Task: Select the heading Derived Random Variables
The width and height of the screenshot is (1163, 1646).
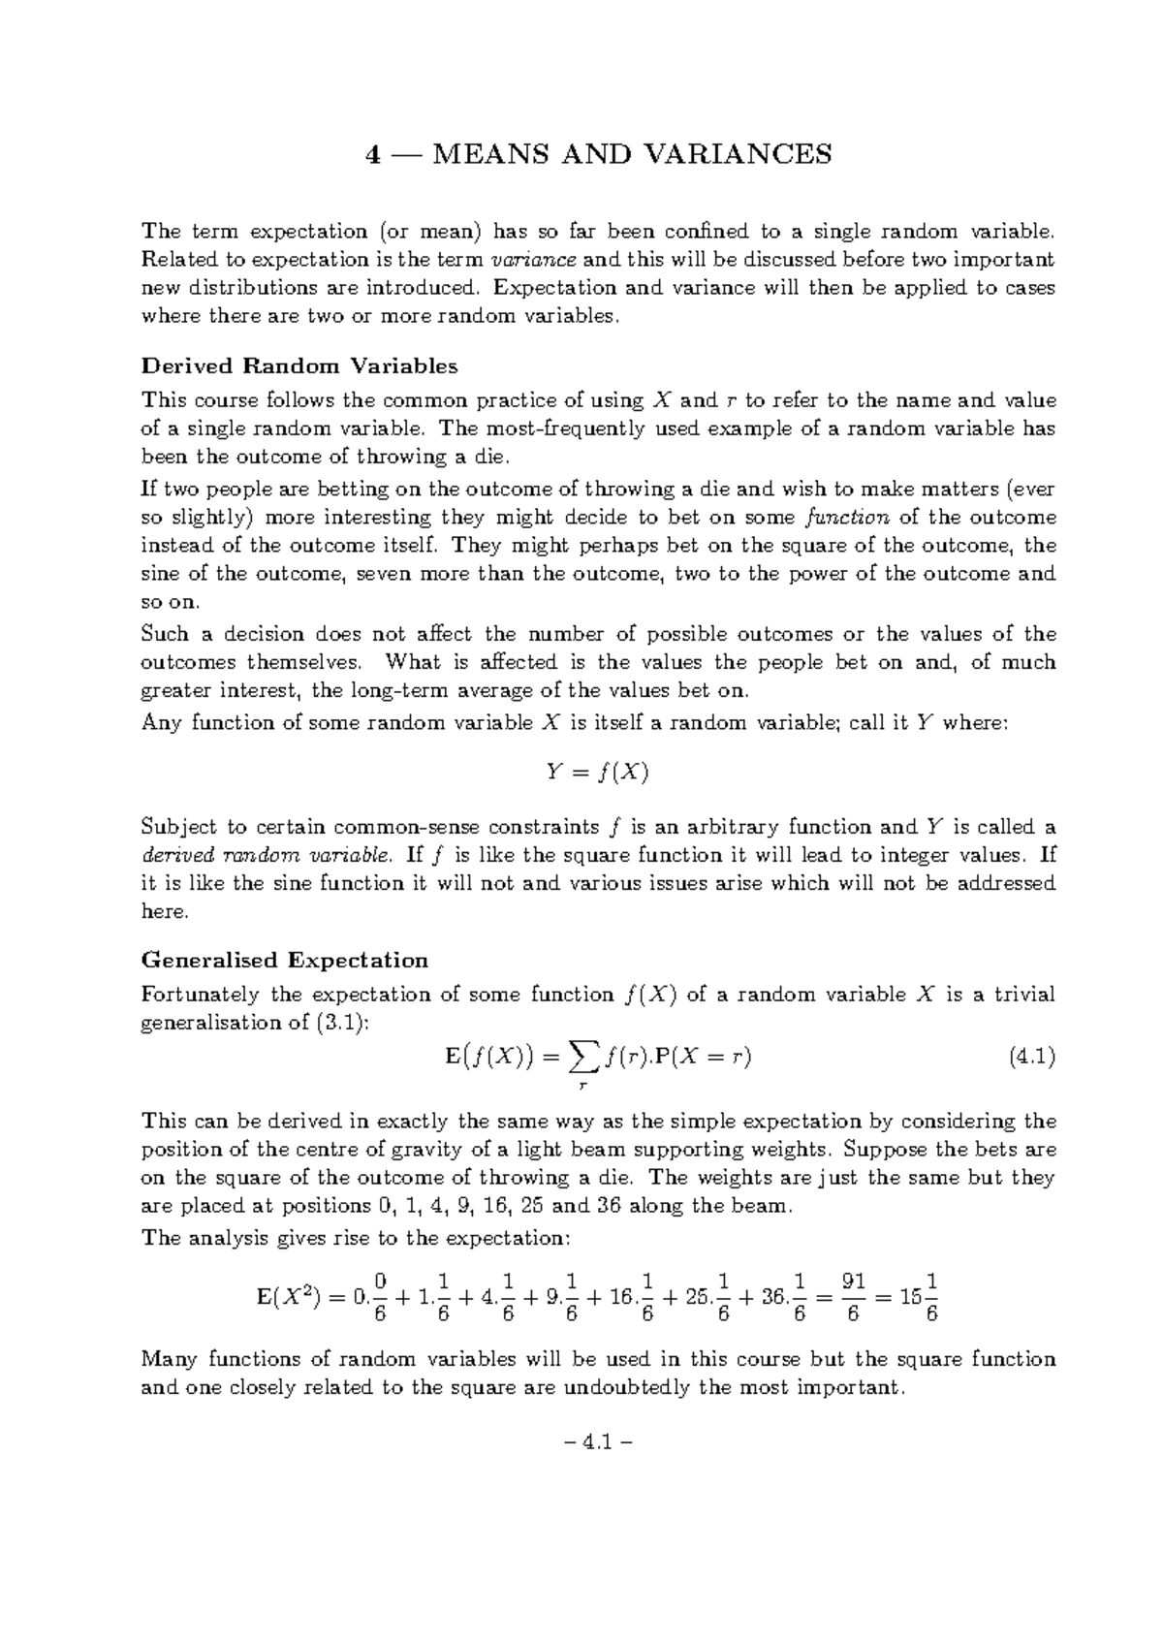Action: coord(299,366)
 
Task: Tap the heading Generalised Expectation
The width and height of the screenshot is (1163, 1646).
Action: coord(285,961)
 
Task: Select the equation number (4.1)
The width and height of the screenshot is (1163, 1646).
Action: coord(1031,1058)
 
